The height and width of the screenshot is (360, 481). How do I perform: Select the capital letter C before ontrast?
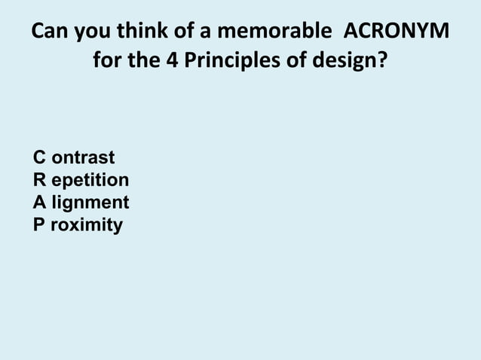(x=38, y=157)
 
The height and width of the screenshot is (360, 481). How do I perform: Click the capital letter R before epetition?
(x=38, y=180)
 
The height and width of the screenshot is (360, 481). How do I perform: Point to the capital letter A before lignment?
(x=38, y=203)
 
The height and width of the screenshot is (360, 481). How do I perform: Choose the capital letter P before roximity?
(x=38, y=224)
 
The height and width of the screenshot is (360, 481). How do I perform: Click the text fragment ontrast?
(x=83, y=157)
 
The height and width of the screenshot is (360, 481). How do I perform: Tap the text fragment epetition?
(x=90, y=181)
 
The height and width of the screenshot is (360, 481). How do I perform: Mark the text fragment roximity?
(x=86, y=225)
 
